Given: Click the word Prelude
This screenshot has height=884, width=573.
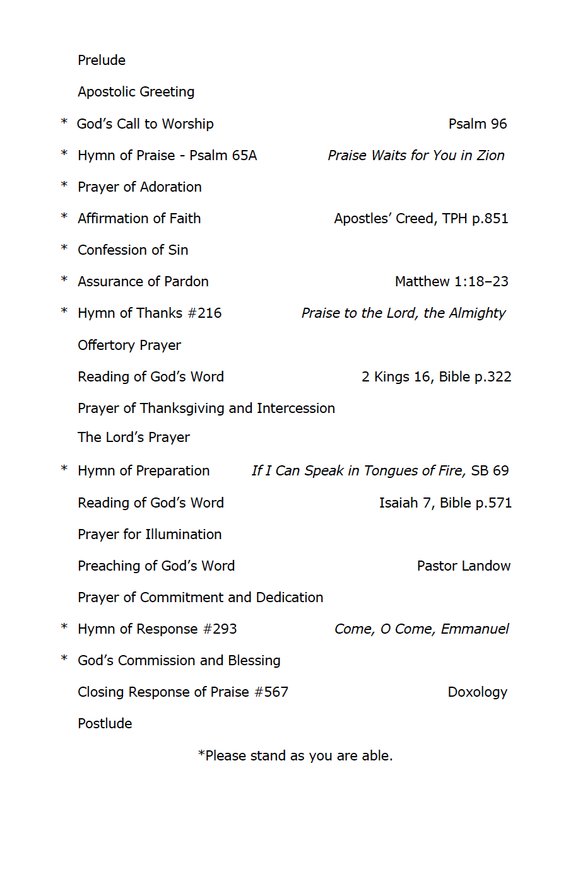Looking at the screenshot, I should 102,61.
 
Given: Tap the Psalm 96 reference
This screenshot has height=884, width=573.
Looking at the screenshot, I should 477,124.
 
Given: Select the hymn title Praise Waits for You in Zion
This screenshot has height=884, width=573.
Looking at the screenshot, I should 416,156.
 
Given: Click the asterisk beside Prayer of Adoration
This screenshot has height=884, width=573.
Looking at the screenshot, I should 64,185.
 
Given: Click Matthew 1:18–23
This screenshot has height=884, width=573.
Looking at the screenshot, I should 451,282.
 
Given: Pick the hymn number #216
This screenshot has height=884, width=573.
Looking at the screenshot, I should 204,313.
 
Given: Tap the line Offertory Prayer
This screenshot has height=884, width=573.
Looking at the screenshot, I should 129,346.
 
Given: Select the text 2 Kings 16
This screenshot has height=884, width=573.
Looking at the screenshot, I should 396,377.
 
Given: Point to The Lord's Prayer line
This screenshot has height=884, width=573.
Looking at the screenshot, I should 134,438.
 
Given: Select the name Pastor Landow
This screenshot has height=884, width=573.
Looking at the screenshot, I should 464,566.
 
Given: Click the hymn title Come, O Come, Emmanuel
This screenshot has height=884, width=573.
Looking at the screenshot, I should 422,629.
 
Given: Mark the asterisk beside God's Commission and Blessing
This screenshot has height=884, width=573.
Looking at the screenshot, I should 64,659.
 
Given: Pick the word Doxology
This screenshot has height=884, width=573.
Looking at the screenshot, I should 477,692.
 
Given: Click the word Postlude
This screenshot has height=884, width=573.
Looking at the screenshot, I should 105,724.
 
